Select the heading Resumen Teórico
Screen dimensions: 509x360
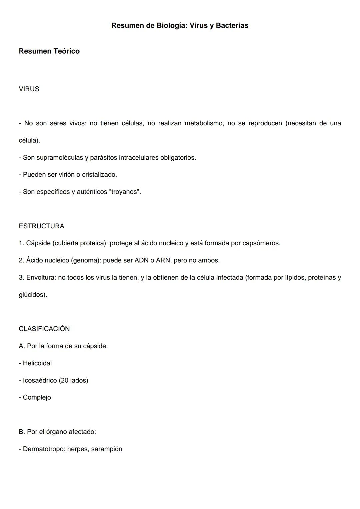pos(49,51)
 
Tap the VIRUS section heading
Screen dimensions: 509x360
pos(29,89)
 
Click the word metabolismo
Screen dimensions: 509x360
pos(204,123)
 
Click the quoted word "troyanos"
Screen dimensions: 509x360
pos(125,192)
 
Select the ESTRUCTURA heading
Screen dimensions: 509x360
pos(41,226)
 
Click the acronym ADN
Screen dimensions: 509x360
pos(141,260)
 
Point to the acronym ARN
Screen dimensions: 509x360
pos(163,260)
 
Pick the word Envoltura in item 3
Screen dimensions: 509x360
pos(41,278)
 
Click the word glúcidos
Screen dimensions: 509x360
pos(32,295)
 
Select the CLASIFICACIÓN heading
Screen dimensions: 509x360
pos(44,329)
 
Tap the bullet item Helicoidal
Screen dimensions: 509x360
pos(37,363)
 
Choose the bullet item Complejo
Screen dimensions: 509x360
pos(37,397)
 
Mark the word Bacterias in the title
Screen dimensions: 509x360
pos(232,26)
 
